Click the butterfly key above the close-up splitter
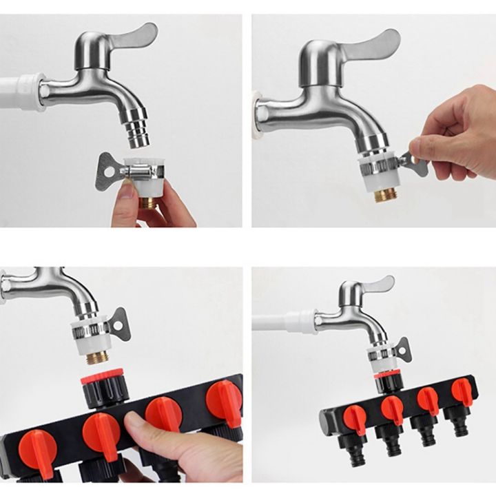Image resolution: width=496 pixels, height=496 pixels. (x=120, y=323)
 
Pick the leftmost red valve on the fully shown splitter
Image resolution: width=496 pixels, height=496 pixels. (x=354, y=416)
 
